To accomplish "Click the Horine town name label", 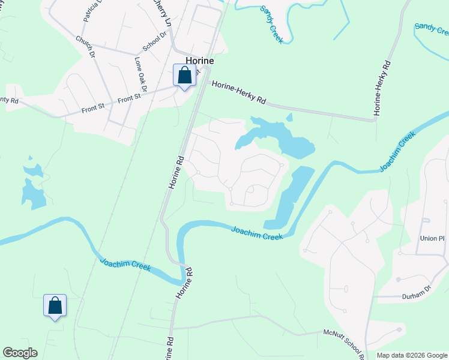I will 200,61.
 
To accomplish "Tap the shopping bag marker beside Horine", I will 184,76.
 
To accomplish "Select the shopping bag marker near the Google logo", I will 55,306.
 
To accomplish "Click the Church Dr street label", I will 85,47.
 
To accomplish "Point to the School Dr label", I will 154,42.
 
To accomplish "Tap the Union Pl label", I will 432,238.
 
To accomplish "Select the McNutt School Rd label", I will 344,341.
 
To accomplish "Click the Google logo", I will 20,353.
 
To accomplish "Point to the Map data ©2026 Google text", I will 412,355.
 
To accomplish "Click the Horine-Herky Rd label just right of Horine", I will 238,92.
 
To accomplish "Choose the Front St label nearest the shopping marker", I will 129,97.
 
